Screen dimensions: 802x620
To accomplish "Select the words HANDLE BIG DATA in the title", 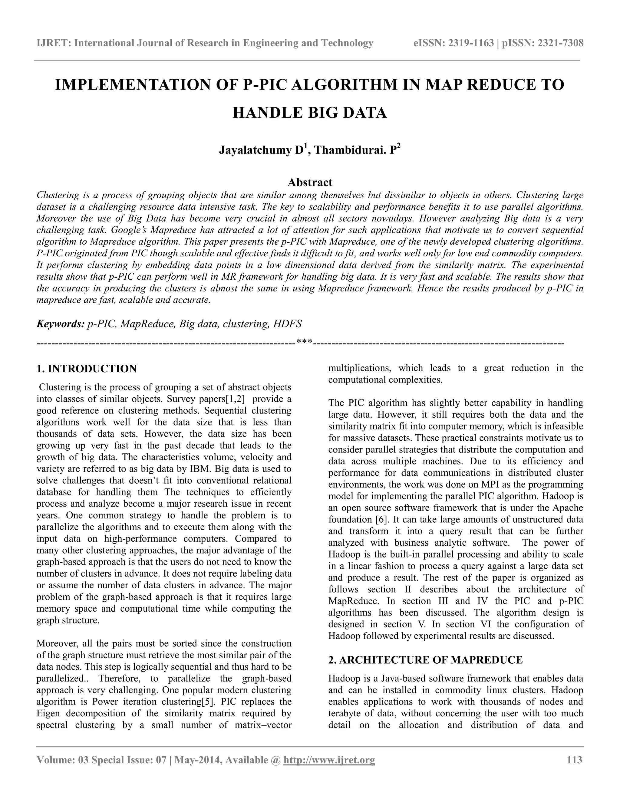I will tap(310, 112).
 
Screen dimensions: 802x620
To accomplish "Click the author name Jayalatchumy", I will tap(255, 150).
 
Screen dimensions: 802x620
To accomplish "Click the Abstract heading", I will tap(310, 182).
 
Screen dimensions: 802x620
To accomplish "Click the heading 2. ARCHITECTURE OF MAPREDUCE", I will tap(425, 660).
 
